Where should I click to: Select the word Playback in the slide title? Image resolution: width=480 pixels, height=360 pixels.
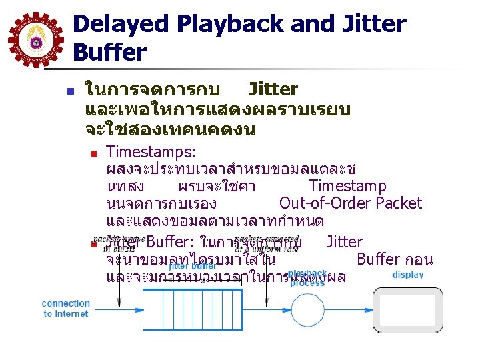[x=230, y=25]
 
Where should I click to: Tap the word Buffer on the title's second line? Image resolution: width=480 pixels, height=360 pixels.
[x=109, y=51]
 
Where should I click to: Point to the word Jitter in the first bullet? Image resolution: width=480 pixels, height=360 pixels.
[x=273, y=89]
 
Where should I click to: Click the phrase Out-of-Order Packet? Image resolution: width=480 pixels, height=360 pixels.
[x=351, y=203]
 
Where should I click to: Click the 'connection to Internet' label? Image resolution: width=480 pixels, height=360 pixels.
[x=66, y=308]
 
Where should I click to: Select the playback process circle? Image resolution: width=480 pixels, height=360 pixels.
[x=306, y=312]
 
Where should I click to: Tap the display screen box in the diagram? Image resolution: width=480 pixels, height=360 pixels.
[x=408, y=312]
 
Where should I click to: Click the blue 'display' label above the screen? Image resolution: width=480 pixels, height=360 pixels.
[x=408, y=275]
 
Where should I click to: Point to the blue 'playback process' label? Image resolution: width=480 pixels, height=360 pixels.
[x=307, y=278]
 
